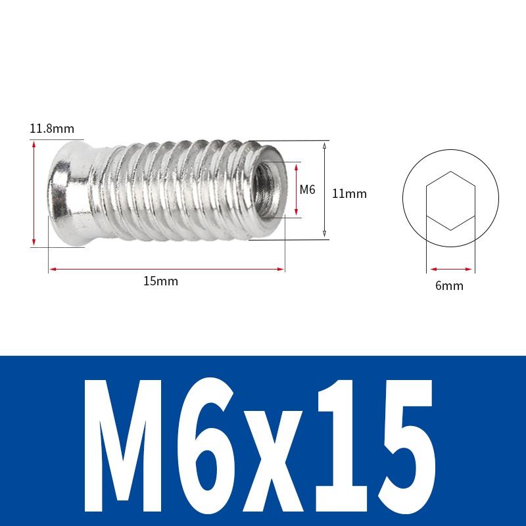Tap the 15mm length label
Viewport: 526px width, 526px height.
(161, 281)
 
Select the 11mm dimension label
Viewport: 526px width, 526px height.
(349, 193)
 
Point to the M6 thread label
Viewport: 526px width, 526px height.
(308, 189)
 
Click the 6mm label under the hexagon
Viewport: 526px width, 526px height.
(450, 286)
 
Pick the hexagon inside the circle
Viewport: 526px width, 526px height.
(450, 201)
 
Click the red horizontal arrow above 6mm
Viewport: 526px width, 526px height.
(450, 268)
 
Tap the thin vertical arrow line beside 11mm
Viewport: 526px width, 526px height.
(324, 191)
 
